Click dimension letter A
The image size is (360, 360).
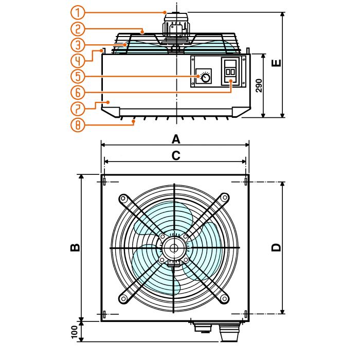coord(176,139)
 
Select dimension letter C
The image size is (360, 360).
coord(176,155)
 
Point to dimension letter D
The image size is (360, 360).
coord(277,247)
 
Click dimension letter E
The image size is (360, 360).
coord(277,64)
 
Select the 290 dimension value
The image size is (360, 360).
coord(260,85)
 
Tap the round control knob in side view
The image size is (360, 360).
coord(205,78)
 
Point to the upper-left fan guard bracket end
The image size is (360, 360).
coord(123,198)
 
